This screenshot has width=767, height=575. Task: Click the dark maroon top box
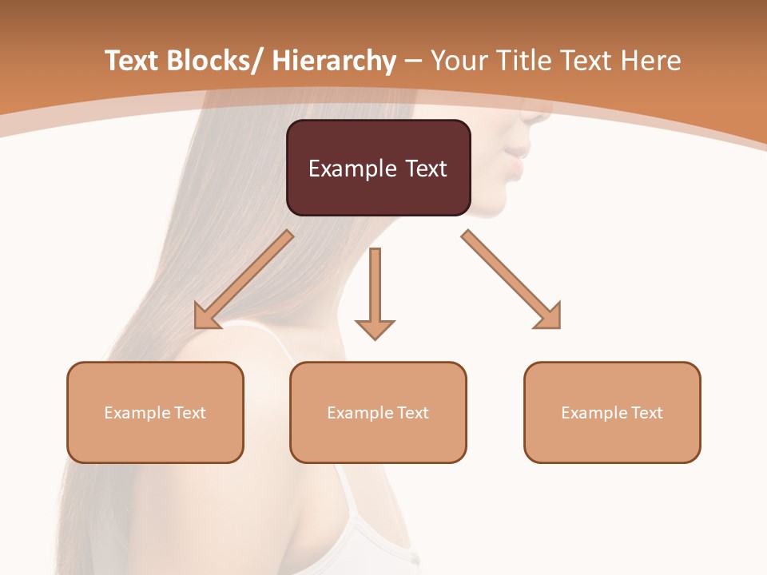tap(378, 168)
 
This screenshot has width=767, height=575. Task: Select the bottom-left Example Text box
tap(155, 412)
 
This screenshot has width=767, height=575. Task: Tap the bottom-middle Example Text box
tap(378, 412)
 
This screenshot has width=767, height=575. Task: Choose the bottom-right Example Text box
tap(612, 412)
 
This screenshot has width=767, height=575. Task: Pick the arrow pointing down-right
tap(511, 280)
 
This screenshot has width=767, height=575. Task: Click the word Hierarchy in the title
tap(334, 61)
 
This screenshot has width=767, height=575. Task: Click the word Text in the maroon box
tap(425, 169)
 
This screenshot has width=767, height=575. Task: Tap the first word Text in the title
tap(133, 61)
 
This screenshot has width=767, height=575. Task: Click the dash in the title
tap(413, 61)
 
